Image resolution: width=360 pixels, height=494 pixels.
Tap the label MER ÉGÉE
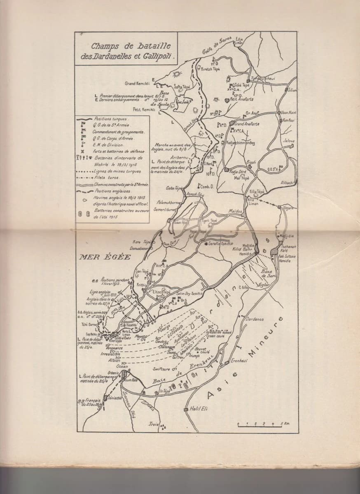tap(105, 257)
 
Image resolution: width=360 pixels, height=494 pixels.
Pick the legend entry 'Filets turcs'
tap(105, 177)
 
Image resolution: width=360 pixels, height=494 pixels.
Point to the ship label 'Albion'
tap(114, 360)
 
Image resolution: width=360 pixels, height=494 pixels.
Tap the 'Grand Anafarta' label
tap(247, 123)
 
